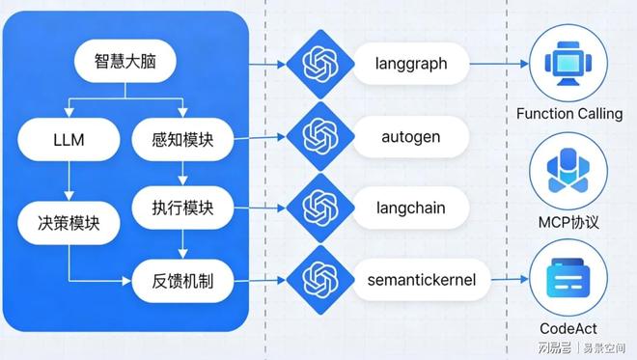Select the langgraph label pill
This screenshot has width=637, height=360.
[x=409, y=65]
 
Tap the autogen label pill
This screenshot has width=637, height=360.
[x=409, y=136]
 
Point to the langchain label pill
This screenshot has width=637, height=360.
[x=409, y=208]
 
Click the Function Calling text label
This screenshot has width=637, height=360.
[x=569, y=114]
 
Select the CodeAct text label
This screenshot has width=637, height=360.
[x=570, y=329]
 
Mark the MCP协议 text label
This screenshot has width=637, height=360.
[x=570, y=223]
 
